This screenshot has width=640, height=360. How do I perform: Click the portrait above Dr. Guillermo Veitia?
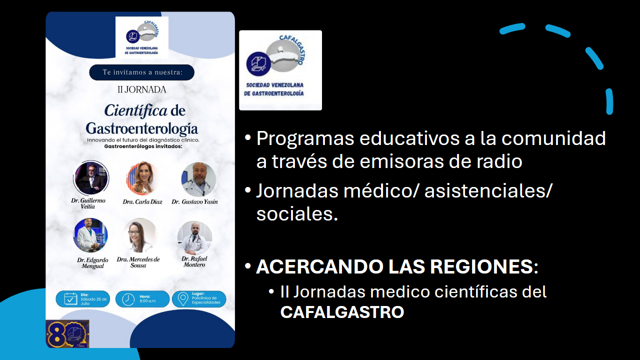(x=91, y=178)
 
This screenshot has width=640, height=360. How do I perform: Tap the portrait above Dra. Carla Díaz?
(x=142, y=178)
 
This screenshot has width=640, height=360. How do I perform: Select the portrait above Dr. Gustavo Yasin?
(x=198, y=178)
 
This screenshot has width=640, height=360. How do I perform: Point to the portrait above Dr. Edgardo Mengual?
(x=90, y=235)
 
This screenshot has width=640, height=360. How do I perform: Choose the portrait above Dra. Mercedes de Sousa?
(x=140, y=235)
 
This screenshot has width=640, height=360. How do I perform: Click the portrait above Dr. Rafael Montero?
(x=194, y=237)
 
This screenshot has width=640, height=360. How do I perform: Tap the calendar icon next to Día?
(x=70, y=299)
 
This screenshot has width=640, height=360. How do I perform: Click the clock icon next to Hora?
(x=128, y=299)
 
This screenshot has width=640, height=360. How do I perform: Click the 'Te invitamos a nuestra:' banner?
(x=141, y=72)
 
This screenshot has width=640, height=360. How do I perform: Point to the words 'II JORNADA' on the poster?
(x=141, y=90)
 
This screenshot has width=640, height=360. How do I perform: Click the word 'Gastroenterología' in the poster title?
(x=141, y=128)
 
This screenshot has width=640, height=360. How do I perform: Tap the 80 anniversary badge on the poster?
(x=67, y=333)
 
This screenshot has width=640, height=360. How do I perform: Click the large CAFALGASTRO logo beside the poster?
(x=280, y=70)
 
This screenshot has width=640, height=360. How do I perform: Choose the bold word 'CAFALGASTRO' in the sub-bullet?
(x=342, y=312)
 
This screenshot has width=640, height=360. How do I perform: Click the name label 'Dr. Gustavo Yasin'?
(x=194, y=202)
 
